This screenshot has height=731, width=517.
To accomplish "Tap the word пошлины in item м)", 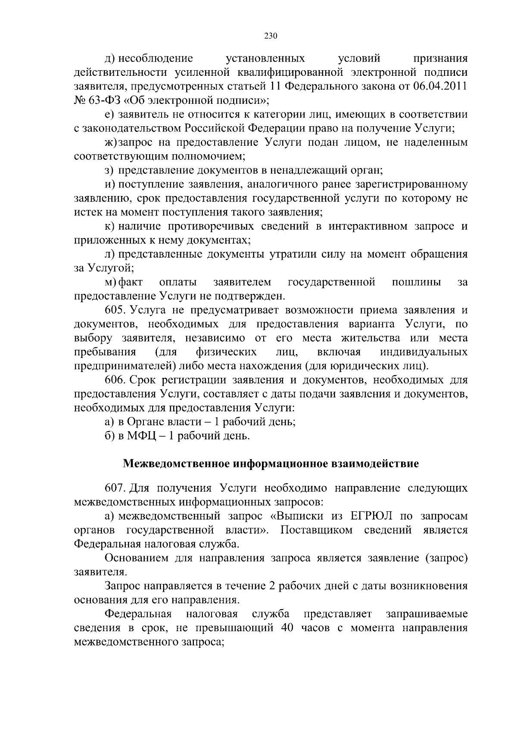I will pyautogui.click(x=416, y=282).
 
